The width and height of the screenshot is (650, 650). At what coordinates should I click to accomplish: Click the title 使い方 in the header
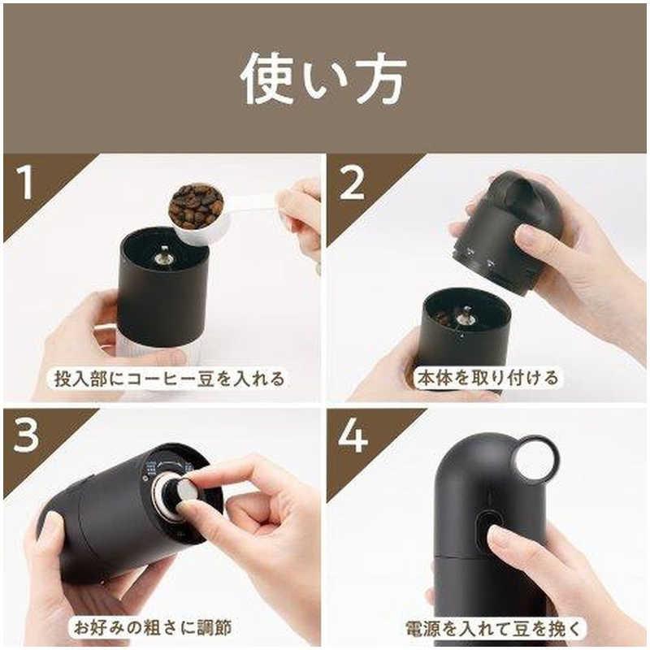coord(323,79)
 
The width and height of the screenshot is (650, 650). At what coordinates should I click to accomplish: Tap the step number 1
coord(26,182)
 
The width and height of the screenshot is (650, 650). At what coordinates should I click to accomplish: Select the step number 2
coord(352,183)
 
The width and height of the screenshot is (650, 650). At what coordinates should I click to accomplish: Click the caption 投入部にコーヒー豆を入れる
coord(170,379)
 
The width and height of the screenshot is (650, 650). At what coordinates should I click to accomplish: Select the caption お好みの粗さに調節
coord(153,627)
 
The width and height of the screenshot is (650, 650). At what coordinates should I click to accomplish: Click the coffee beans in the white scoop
coord(197,206)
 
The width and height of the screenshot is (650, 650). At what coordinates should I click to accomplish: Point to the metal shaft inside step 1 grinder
coord(162,255)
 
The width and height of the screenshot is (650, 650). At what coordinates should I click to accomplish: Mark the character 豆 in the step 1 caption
coord(206,379)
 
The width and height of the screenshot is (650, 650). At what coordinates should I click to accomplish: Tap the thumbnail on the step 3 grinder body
coord(53,522)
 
